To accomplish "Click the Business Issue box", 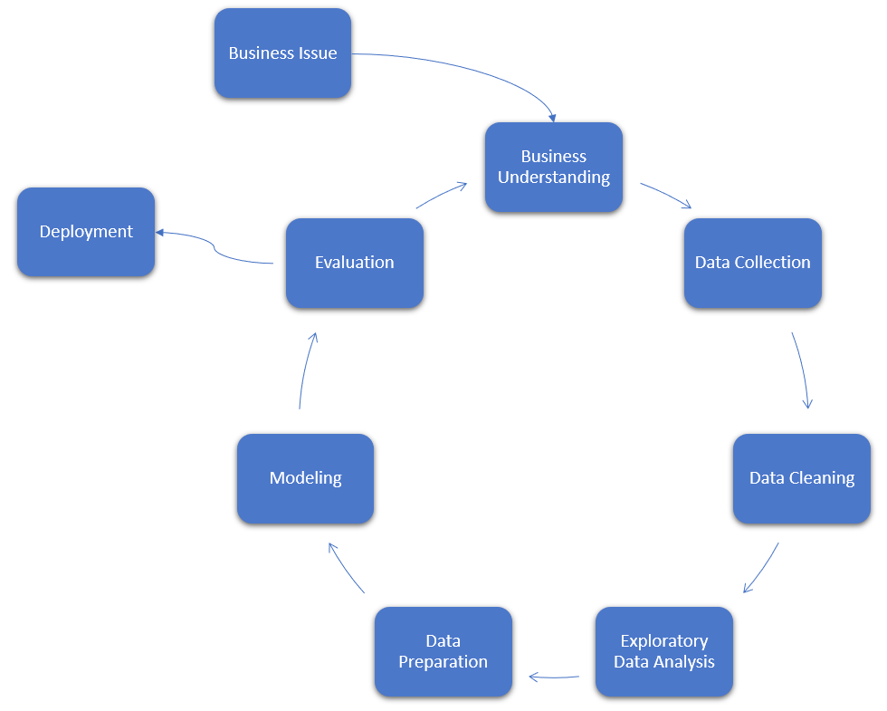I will coord(282,53).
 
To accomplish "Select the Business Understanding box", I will coord(554,168).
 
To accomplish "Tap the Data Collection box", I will coord(752,263).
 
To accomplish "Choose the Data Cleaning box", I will coord(801,478).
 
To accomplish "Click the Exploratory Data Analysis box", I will coord(663,651).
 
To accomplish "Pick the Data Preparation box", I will coord(443,651).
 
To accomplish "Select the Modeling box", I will coord(305,478).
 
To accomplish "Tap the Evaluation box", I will coord(354,263).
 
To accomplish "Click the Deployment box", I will coord(86,232).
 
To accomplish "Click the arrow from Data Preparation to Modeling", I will coord(345,569).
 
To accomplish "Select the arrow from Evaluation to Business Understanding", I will coord(442,194).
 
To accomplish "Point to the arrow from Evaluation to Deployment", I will coord(214,245).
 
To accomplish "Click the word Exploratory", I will coord(664,641).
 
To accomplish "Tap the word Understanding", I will coord(554,178).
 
